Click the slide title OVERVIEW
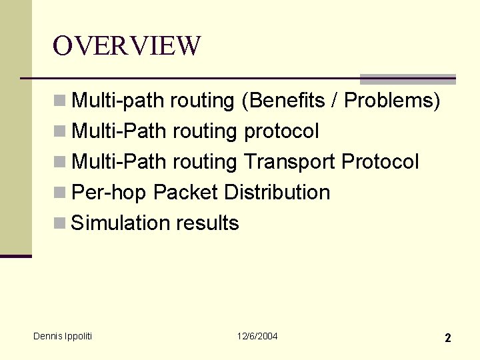pos(127,46)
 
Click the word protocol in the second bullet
pos(281,131)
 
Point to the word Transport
pos(289,162)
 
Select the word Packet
pos(185,193)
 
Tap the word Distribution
pos(277,193)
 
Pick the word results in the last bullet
pos(207,223)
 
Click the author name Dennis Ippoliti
pos(63,336)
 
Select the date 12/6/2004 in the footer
pos(257,336)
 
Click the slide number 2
pos(448,338)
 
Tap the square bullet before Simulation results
pos(60,223)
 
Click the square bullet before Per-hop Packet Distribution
pos(60,192)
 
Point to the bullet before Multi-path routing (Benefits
pos(60,100)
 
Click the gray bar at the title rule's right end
pos(407,79)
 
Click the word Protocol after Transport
pos(380,162)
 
